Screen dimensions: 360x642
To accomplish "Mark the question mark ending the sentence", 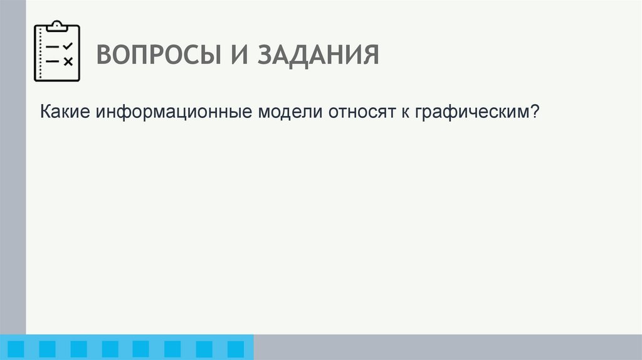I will pyautogui.click(x=535, y=113).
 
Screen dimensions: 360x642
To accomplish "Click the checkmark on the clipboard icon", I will pyautogui.click(x=68, y=46).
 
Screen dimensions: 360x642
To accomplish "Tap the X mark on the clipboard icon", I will pyautogui.click(x=68, y=61).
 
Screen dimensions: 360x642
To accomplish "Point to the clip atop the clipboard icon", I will pyautogui.click(x=57, y=25).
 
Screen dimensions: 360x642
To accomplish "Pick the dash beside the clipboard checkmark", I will pyautogui.click(x=53, y=47).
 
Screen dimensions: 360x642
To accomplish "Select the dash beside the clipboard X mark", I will pyautogui.click(x=53, y=61).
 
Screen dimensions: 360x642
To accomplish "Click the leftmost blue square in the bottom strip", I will pyautogui.click(x=16, y=349).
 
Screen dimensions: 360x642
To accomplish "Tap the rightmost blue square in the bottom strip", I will pyautogui.click(x=235, y=349).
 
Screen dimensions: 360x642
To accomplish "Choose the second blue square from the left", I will pyautogui.click(x=48, y=349).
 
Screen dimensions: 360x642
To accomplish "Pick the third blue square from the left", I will pyautogui.click(x=79, y=349).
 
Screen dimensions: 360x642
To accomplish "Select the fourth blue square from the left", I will pyautogui.click(x=110, y=349).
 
